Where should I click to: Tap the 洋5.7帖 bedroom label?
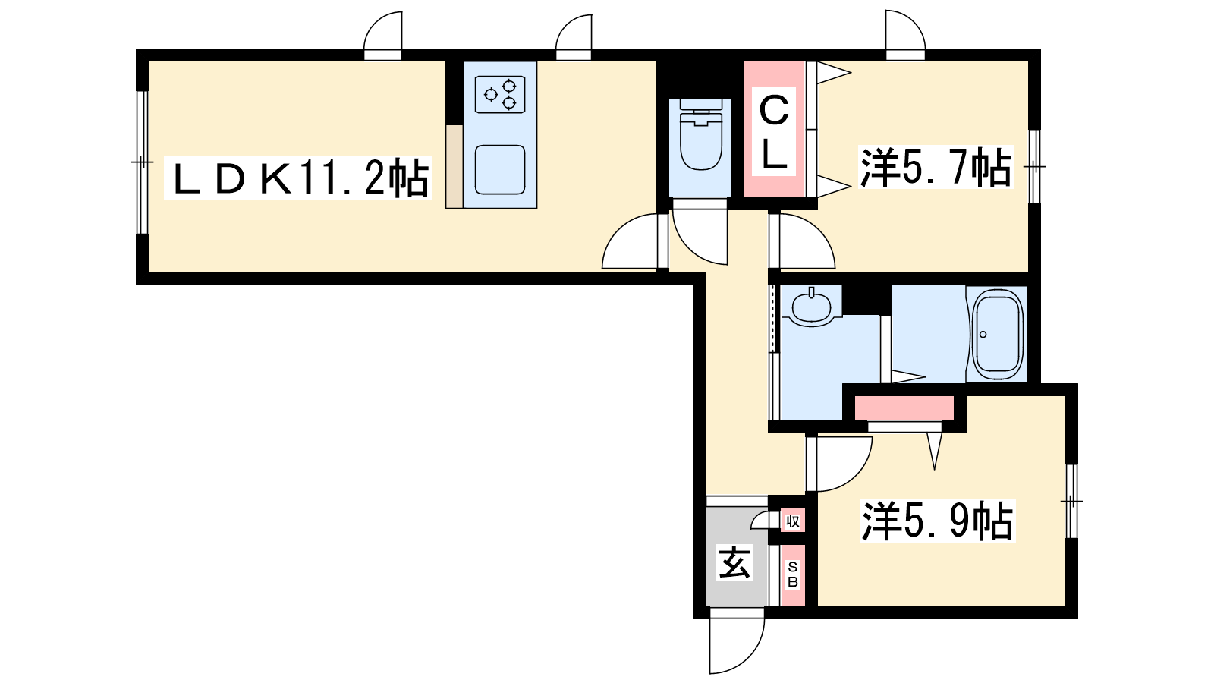pyautogui.click(x=936, y=168)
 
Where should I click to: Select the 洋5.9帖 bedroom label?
pyautogui.click(x=937, y=521)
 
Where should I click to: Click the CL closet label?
pyautogui.click(x=773, y=132)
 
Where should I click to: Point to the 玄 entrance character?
pyautogui.click(x=734, y=562)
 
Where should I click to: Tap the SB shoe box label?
pyautogui.click(x=792, y=574)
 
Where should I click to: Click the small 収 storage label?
pyautogui.click(x=792, y=521)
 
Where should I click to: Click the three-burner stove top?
pyautogui.click(x=500, y=94)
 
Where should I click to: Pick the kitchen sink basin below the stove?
pyautogui.click(x=500, y=170)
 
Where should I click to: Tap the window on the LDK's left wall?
pyautogui.click(x=142, y=162)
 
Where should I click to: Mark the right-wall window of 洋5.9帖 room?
pyautogui.click(x=1071, y=502)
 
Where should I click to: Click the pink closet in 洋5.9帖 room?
pyautogui.click(x=904, y=408)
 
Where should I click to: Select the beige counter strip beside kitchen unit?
pyautogui.click(x=454, y=166)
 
